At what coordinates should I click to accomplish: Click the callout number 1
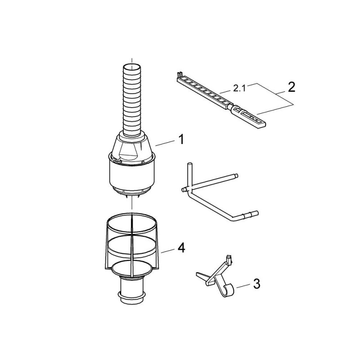click(181, 139)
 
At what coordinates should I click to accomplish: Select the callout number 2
click(291, 87)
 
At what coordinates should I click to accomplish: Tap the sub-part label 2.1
click(239, 89)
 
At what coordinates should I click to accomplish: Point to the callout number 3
click(256, 284)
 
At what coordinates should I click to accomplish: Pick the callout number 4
click(181, 248)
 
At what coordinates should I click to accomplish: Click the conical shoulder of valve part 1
click(132, 147)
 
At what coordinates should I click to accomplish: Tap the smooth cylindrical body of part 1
click(132, 175)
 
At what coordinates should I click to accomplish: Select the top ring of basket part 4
click(132, 223)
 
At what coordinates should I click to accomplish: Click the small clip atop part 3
click(229, 259)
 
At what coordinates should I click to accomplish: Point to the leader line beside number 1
click(165, 143)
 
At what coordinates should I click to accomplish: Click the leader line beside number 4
click(167, 251)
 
